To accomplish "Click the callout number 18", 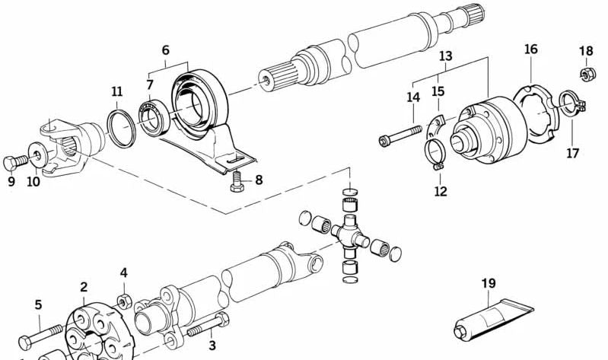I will coord(585,51).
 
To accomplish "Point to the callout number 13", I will coord(446,56).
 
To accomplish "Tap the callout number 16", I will coord(530,49).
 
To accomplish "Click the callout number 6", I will coord(165,50).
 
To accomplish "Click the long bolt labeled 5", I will coord(46,333).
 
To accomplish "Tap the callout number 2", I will coord(84,287).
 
